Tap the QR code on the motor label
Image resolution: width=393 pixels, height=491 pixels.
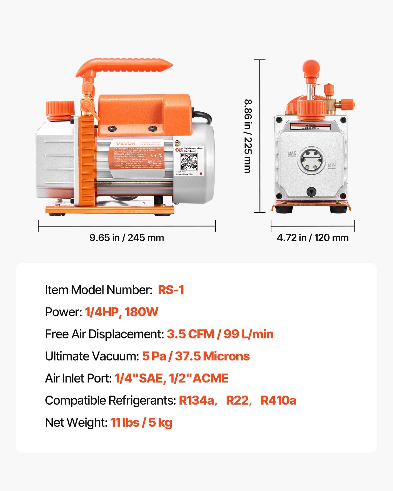coord(189,162)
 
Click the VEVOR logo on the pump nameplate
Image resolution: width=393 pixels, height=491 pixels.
coord(126,143)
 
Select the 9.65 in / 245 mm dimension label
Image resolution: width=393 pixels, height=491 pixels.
coord(127,238)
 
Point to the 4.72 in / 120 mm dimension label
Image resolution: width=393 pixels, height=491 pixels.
coord(313,238)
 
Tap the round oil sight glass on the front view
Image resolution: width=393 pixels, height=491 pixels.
coord(312,160)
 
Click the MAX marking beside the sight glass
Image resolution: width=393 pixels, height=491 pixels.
coord(292,153)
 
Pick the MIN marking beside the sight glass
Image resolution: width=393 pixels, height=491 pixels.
coord(332,165)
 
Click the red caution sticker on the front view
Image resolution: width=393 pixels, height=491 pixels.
coord(310,127)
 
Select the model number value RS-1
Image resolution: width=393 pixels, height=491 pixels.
coord(171,290)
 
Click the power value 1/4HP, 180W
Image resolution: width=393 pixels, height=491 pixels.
coord(122,312)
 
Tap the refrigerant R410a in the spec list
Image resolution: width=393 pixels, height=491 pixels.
coord(278,400)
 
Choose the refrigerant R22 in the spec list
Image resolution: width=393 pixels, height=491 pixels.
coord(237,400)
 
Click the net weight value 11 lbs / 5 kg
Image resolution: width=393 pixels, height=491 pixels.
coord(141,423)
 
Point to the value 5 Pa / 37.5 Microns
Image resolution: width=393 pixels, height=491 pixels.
coord(196,356)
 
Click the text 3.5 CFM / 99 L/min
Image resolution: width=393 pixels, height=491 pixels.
coord(220,334)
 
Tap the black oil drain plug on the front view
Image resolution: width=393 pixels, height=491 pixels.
coord(311,191)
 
